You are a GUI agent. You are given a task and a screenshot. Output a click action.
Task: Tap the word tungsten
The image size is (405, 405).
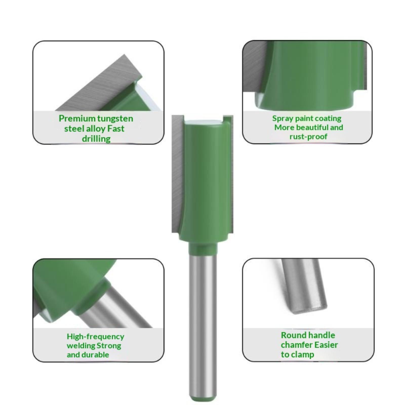[x=115, y=119]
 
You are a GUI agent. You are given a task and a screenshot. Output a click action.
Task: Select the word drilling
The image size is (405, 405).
[x=96, y=139]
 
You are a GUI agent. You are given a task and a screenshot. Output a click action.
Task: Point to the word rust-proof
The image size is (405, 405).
[x=308, y=137]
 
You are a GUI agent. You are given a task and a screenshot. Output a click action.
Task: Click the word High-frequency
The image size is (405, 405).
[x=95, y=337]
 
